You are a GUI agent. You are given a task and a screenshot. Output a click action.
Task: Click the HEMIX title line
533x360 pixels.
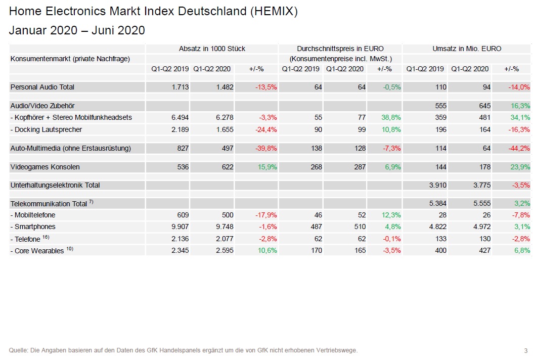click(x=153, y=12)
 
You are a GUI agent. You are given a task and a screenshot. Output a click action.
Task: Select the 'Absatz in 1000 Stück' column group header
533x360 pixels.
click(x=212, y=49)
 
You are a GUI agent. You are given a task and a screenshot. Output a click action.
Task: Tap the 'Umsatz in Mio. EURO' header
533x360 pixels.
click(x=467, y=49)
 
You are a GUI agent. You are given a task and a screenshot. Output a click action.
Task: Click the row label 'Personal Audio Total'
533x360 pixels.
click(x=42, y=87)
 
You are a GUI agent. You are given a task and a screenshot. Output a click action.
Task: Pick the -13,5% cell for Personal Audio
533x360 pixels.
click(x=265, y=87)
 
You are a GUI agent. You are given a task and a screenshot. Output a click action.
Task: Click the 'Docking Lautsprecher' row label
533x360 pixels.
click(x=46, y=129)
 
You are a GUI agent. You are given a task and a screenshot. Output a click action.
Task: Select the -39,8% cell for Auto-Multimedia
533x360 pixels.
click(x=265, y=149)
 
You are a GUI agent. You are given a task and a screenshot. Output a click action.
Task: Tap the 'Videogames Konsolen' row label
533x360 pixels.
click(x=45, y=167)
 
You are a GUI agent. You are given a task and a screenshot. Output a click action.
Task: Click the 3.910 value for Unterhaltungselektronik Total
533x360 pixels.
click(x=437, y=185)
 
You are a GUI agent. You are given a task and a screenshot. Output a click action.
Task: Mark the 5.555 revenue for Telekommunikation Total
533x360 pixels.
click(x=481, y=203)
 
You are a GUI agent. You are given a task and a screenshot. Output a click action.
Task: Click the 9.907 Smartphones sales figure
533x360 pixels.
click(x=179, y=227)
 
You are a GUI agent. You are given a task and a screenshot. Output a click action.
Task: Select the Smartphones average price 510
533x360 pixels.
click(x=360, y=227)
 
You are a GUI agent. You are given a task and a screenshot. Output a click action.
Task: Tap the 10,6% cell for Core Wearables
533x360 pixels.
click(x=266, y=251)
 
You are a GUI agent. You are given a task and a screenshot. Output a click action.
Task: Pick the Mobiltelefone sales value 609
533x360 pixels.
click(x=183, y=215)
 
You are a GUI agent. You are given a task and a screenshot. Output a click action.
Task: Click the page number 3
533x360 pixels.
click(x=525, y=350)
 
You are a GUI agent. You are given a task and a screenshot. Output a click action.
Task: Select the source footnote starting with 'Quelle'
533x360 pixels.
click(x=183, y=350)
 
